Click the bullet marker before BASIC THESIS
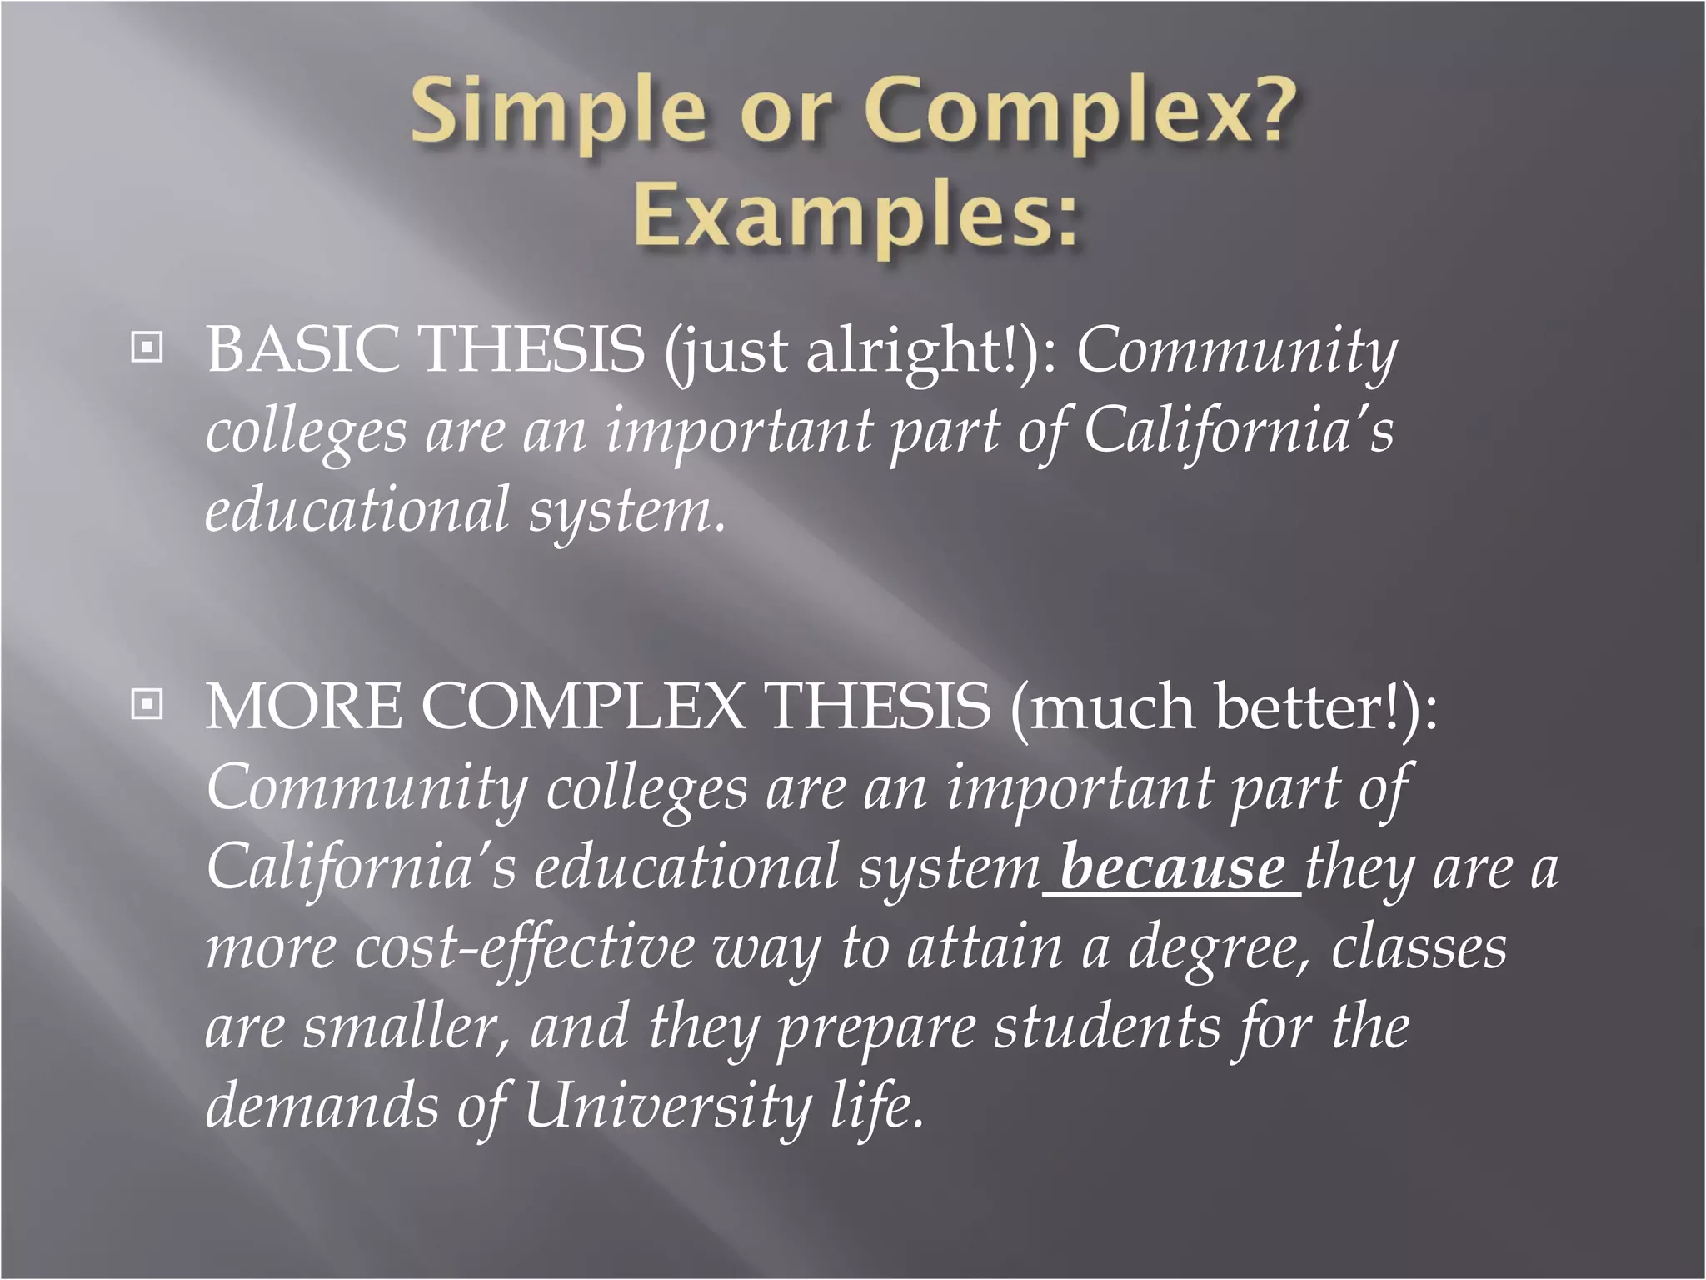coord(147,347)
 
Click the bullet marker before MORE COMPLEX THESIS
coord(147,705)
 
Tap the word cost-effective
coord(525,948)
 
